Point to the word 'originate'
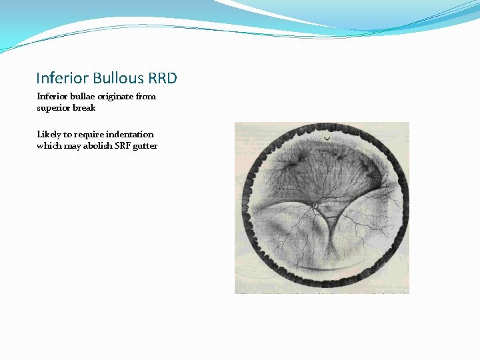coord(114,97)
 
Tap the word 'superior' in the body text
coord(53,108)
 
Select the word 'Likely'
coord(48,135)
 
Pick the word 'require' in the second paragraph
coord(84,135)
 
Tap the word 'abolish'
coord(99,146)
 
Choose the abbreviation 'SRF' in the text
coord(124,146)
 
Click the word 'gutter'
coord(146,147)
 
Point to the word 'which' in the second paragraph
coord(49,146)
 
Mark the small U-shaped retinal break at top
coord(326,137)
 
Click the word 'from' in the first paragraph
coord(146,96)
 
